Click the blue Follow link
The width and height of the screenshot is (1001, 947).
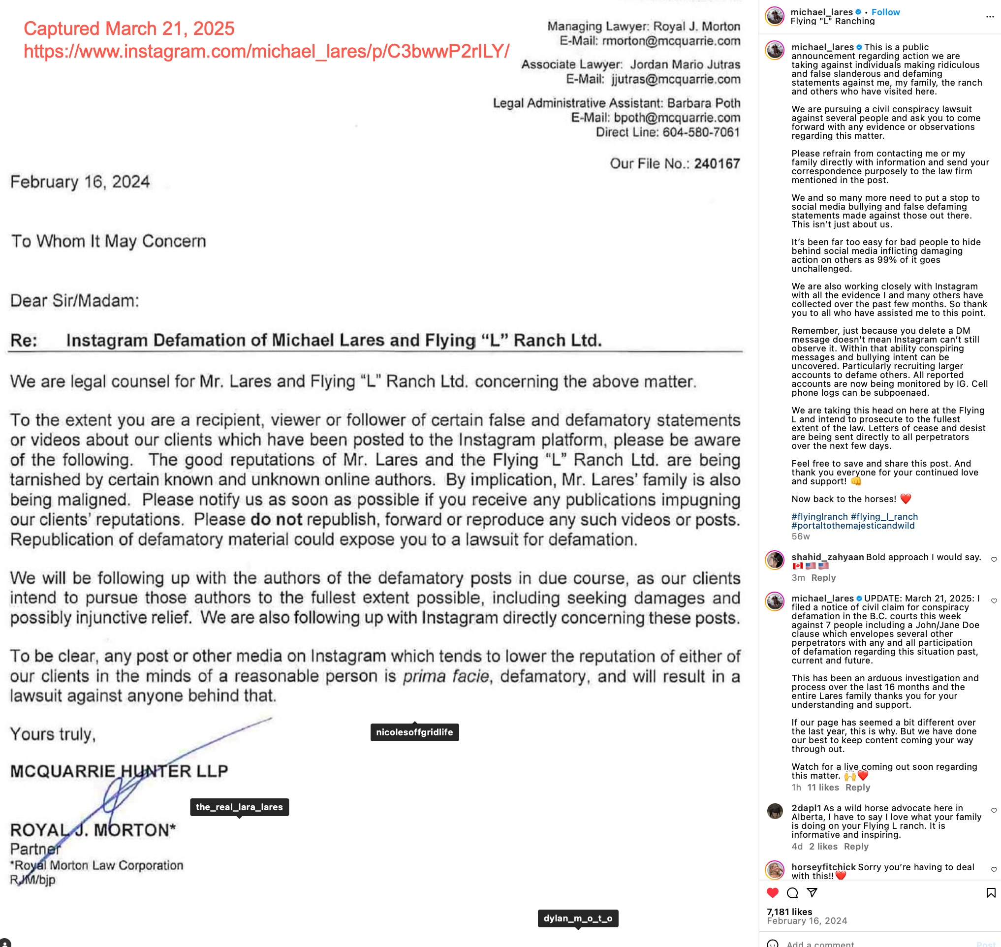[x=885, y=12]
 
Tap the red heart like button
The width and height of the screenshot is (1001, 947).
[x=772, y=892]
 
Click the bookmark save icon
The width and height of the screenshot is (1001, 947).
[x=990, y=892]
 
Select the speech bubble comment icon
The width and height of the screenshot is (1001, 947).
[x=792, y=892]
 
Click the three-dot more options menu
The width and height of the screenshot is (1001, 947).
[x=990, y=17]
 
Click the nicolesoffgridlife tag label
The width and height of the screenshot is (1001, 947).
[x=414, y=732]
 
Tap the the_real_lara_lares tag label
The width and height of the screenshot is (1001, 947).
[x=239, y=807]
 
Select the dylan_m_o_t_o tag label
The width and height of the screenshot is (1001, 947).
[x=577, y=918]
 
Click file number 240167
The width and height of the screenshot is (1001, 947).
[x=717, y=163]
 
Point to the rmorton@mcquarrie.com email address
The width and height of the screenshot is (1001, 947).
[x=671, y=41]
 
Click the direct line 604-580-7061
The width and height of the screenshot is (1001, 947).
[x=701, y=132]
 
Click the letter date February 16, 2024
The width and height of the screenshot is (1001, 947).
[x=80, y=182]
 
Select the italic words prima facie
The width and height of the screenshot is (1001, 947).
[x=446, y=676]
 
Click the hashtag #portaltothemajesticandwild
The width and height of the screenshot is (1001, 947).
[x=852, y=526]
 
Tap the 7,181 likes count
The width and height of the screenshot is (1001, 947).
[x=789, y=912]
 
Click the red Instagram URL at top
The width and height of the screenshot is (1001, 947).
[x=267, y=51]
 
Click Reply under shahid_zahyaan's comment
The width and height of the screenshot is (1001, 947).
[x=823, y=577]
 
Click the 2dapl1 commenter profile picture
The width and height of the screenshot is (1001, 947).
[x=775, y=811]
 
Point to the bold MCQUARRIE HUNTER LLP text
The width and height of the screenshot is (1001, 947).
[x=119, y=771]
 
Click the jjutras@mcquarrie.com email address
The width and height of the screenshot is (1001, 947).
[x=676, y=79]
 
